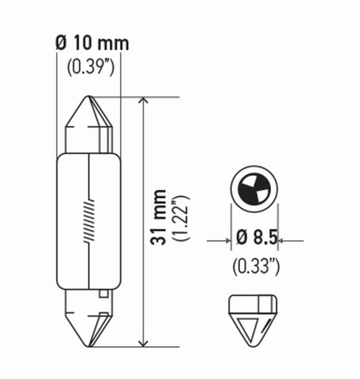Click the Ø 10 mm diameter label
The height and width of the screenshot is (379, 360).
click(92, 43)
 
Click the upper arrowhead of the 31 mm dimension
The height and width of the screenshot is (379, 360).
click(143, 101)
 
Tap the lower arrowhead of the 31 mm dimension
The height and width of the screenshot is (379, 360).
click(143, 342)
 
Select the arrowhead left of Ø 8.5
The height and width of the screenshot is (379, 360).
click(227, 241)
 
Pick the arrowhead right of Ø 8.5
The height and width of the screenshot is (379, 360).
click(282, 241)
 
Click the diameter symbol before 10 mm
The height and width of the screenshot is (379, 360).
click(62, 43)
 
